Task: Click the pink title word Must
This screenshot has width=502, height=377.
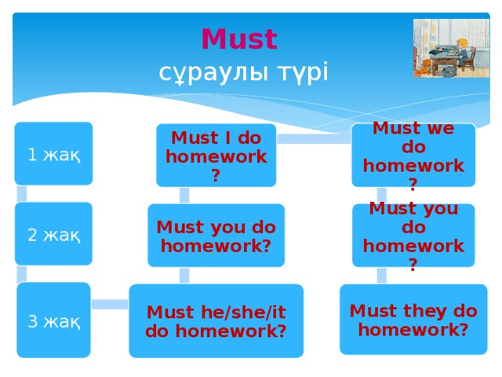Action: click(x=239, y=38)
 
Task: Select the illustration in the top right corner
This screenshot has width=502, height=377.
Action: click(x=445, y=48)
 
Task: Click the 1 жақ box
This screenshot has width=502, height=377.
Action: click(x=53, y=154)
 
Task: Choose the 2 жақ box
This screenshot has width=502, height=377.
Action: click(x=53, y=234)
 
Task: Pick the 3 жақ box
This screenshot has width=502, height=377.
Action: click(x=53, y=320)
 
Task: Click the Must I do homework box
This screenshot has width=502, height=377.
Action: click(x=216, y=156)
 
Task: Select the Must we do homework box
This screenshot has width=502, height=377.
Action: click(x=413, y=156)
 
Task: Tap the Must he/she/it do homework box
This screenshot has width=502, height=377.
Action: click(x=216, y=320)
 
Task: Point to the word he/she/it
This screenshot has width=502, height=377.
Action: click(x=227, y=312)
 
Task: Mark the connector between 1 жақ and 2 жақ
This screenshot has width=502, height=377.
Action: click(x=22, y=193)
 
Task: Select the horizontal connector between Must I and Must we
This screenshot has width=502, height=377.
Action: click(x=314, y=139)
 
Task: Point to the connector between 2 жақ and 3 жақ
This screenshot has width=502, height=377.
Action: click(x=22, y=273)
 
